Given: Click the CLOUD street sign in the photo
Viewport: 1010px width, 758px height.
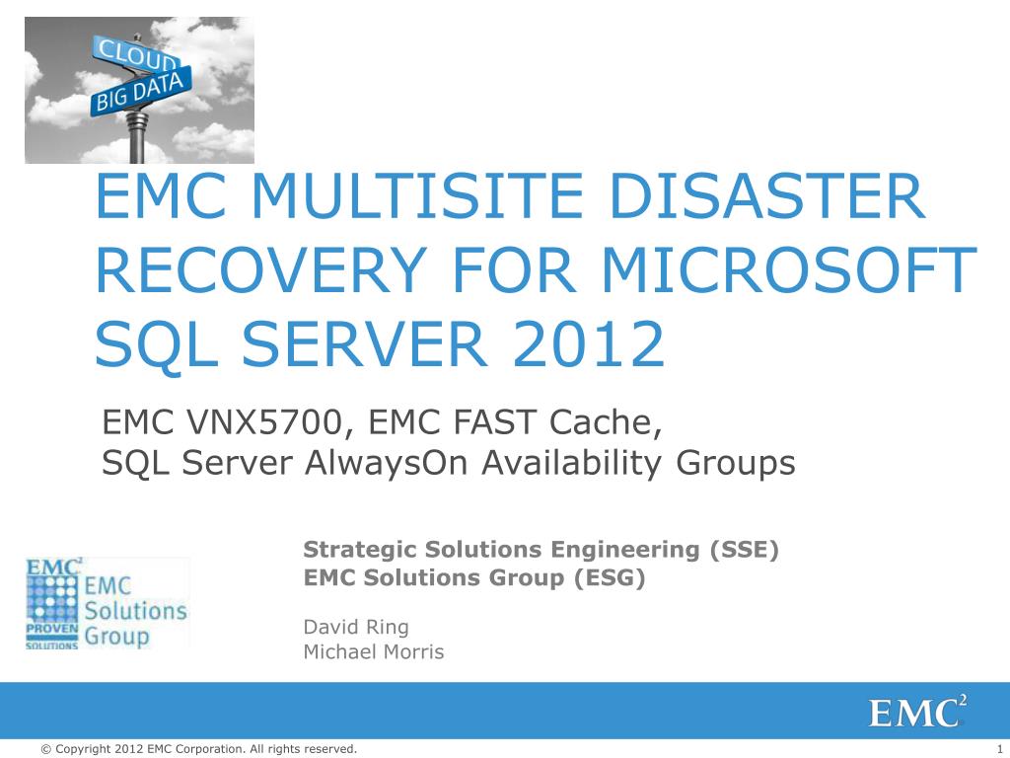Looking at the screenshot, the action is [135, 54].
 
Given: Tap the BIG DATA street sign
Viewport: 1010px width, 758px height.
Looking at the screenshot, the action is [141, 92].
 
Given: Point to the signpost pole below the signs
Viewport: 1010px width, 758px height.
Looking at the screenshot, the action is [137, 137].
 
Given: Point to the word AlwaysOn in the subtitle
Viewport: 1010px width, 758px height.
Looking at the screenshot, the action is [386, 463].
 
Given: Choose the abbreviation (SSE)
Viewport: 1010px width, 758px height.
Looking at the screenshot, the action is [744, 550].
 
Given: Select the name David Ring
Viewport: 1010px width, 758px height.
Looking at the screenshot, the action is [356, 627].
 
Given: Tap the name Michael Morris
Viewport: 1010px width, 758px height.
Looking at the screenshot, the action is [374, 651].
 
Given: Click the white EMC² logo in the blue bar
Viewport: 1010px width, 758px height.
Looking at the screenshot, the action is [917, 712].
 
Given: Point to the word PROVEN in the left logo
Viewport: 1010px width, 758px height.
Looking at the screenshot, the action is [52, 628].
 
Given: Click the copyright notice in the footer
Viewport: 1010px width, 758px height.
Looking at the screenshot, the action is [198, 748].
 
